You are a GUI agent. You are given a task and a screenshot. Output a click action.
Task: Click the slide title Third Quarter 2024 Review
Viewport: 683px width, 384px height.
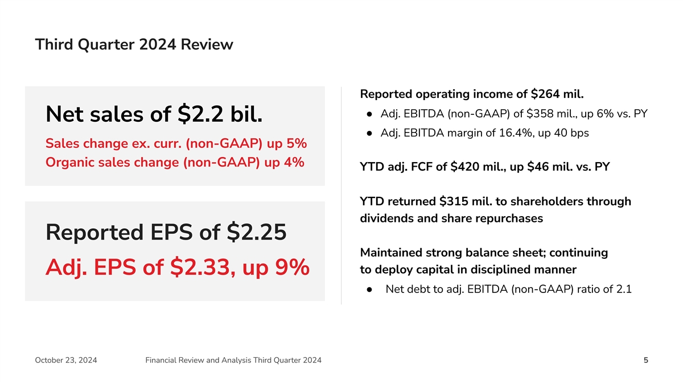click(x=134, y=44)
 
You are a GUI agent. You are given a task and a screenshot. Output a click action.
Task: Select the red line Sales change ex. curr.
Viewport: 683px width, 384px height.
click(x=176, y=142)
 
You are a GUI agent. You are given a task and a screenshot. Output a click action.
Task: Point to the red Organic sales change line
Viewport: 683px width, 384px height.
click(x=174, y=162)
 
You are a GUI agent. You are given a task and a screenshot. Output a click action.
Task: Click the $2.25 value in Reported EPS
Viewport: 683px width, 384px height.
click(x=256, y=232)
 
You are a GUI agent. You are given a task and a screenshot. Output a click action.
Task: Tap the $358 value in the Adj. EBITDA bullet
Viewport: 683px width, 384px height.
click(x=532, y=114)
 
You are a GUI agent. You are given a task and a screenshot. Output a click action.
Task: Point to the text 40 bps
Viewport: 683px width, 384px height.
click(x=569, y=133)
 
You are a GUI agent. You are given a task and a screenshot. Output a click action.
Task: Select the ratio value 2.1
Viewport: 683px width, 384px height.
click(x=623, y=290)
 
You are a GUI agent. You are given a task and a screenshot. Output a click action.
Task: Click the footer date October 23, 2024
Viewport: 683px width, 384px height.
click(x=65, y=360)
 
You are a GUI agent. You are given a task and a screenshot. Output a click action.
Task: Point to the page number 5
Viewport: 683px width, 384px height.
click(x=645, y=360)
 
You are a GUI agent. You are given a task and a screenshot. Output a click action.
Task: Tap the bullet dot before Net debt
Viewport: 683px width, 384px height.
click(x=370, y=290)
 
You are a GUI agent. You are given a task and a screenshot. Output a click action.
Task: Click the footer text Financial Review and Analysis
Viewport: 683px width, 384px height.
click(x=196, y=360)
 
